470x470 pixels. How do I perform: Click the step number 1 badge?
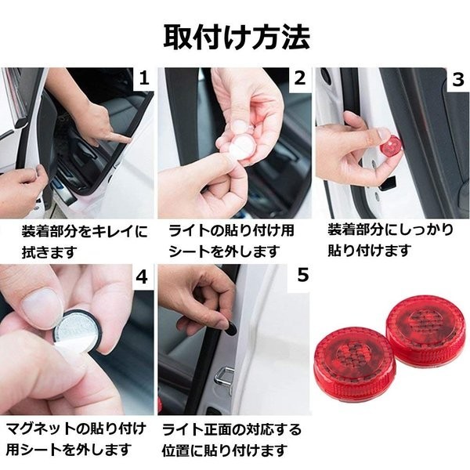click(144, 79)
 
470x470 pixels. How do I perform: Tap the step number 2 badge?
click(300, 78)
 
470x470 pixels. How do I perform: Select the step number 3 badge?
click(458, 79)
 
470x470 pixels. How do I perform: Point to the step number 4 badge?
click(142, 277)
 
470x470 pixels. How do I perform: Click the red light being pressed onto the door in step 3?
click(391, 147)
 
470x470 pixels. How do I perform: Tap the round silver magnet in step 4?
click(78, 331)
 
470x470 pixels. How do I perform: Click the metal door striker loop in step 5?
click(224, 378)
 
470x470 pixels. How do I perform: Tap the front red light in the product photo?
click(354, 365)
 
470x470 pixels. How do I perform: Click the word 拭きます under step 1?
click(50, 252)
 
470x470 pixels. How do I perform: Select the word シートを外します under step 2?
click(225, 251)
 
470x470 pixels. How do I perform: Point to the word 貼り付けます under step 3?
click(369, 251)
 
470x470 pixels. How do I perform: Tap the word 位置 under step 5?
click(176, 451)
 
